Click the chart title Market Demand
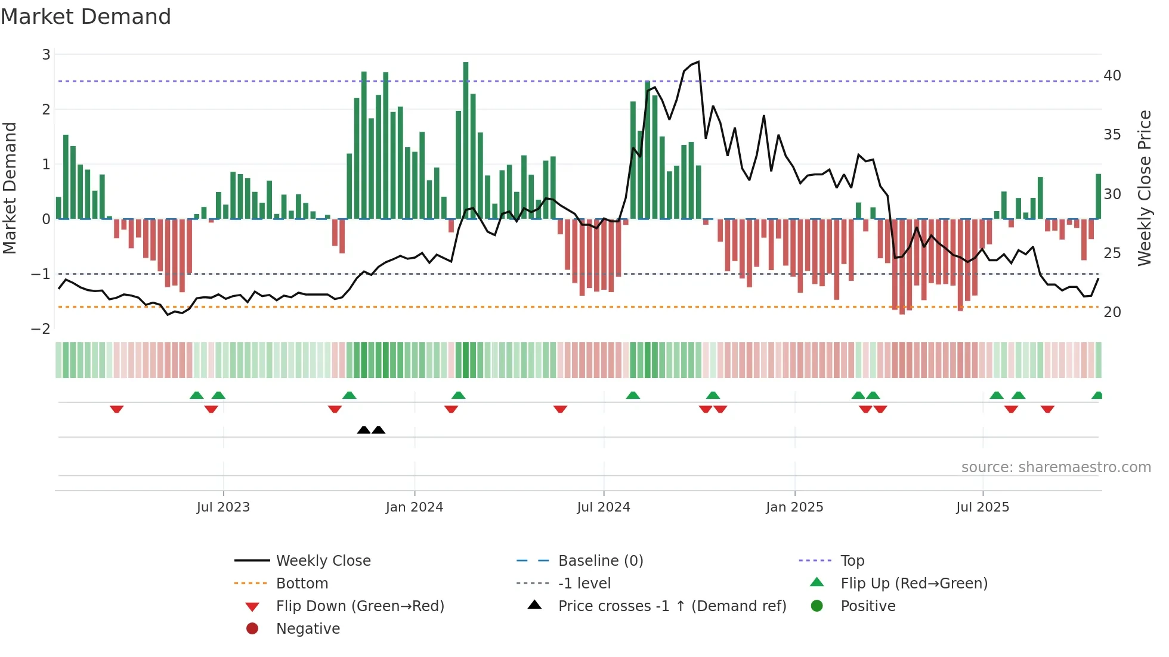click(86, 17)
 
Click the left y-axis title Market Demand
click(10, 188)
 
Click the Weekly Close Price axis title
click(1144, 188)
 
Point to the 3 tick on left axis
click(46, 55)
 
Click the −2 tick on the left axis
click(41, 329)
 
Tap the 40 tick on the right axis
click(1112, 76)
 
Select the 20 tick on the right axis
click(1112, 312)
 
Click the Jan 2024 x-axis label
click(415, 507)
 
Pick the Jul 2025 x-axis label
click(982, 507)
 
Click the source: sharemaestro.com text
click(1056, 467)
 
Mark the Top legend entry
click(852, 561)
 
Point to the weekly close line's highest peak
click(698, 62)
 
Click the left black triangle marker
click(363, 430)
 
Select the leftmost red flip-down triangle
click(117, 409)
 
